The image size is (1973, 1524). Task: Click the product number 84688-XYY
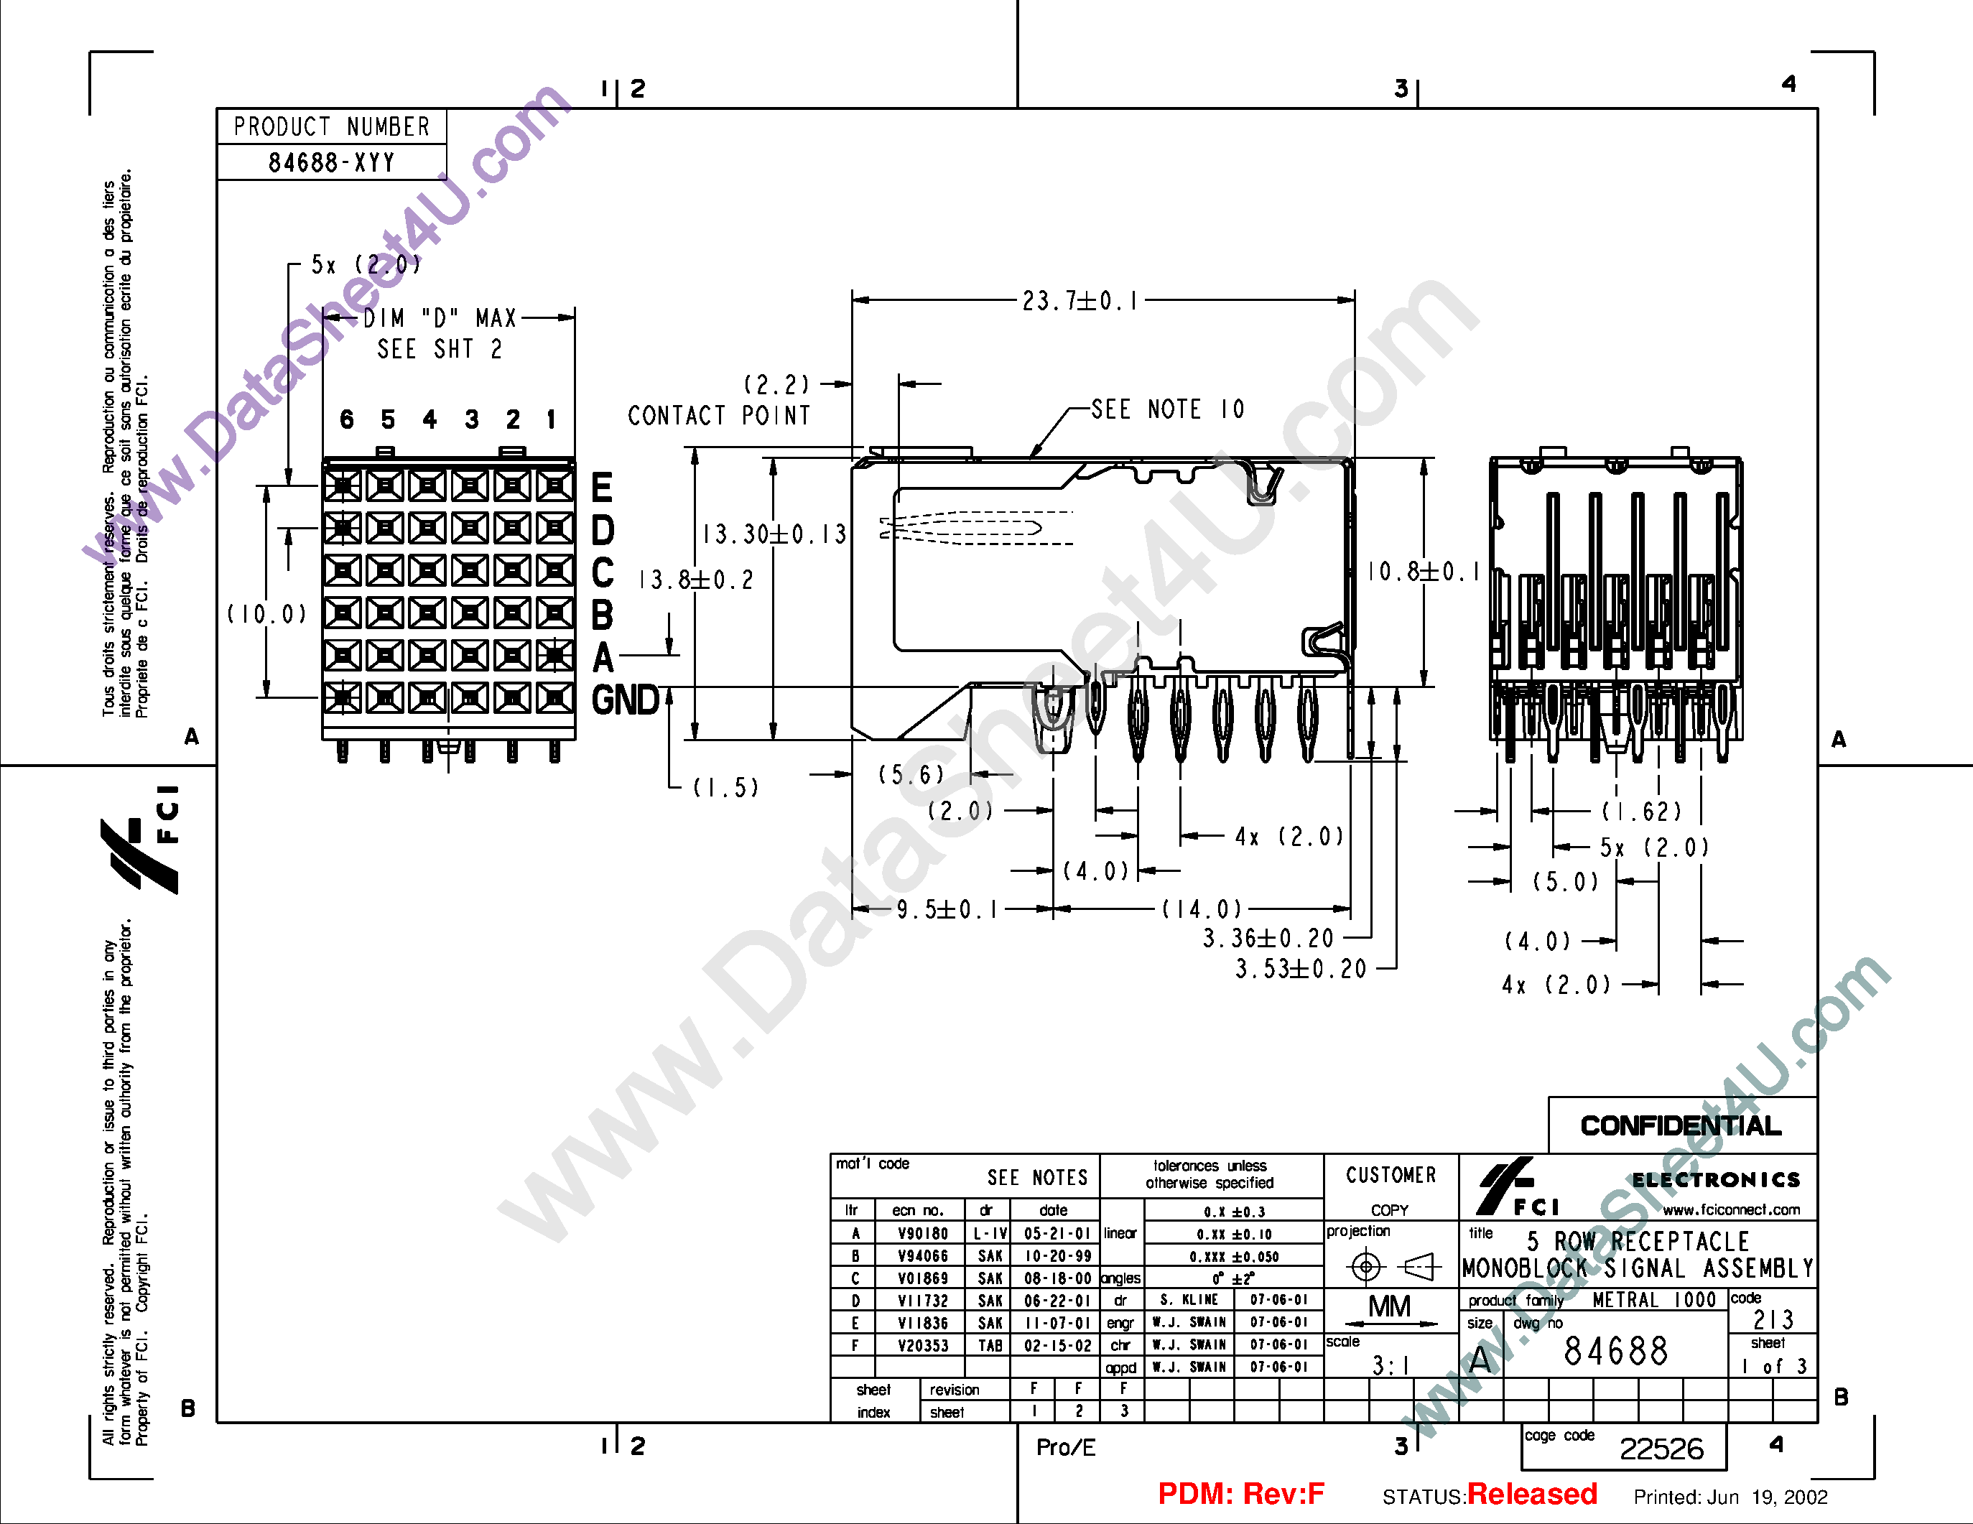[x=332, y=162]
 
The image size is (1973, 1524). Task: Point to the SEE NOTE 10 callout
[x=1167, y=410]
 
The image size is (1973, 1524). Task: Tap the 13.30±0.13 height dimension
[x=775, y=534]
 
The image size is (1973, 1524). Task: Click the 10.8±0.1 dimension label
[x=1424, y=572]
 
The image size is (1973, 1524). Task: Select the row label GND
[x=625, y=701]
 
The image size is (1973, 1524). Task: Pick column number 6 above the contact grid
[x=347, y=419]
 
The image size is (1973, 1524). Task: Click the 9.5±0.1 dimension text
[x=947, y=910]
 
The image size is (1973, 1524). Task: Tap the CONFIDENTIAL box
[x=1681, y=1125]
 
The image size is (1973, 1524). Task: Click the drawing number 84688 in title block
[x=1615, y=1352]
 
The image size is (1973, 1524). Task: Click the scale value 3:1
[x=1389, y=1365]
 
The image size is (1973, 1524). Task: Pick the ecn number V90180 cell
[x=922, y=1233]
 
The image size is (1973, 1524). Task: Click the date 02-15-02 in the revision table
[x=1057, y=1345]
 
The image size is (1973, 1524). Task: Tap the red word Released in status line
[x=1531, y=1494]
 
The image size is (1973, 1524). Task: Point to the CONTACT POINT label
[x=719, y=416]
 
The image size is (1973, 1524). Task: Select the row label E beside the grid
[x=602, y=488]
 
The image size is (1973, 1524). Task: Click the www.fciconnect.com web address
[x=1731, y=1209]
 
